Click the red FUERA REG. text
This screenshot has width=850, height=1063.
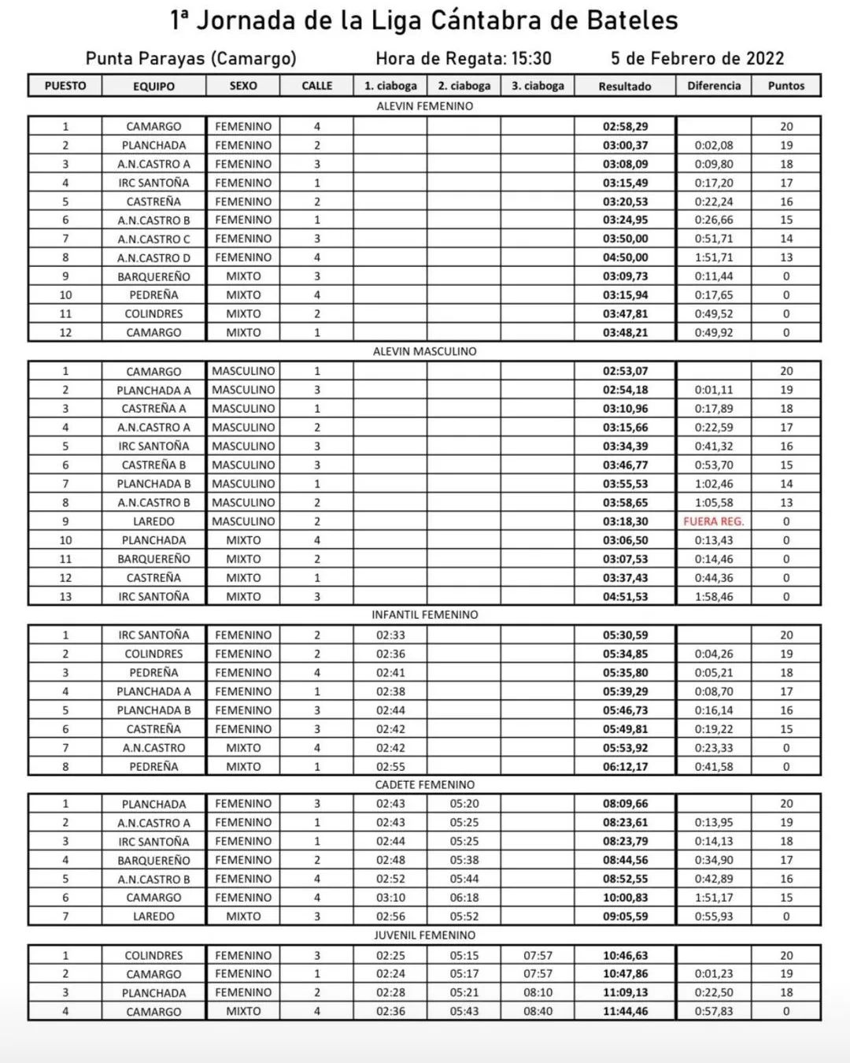pyautogui.click(x=713, y=521)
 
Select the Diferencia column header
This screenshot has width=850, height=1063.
pyautogui.click(x=714, y=86)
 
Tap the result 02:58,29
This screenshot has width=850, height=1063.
pyautogui.click(x=626, y=126)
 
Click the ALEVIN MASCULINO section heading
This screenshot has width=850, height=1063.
pyautogui.click(x=424, y=351)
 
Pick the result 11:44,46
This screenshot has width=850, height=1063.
pyautogui.click(x=626, y=1012)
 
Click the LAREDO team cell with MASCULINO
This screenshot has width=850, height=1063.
pyautogui.click(x=153, y=521)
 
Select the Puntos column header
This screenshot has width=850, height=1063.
pyautogui.click(x=786, y=86)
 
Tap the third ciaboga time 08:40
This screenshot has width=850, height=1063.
pyautogui.click(x=538, y=1012)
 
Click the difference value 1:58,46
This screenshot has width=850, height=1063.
pyautogui.click(x=713, y=597)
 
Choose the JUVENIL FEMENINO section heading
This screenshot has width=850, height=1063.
pyautogui.click(x=424, y=935)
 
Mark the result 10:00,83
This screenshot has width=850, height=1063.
pyautogui.click(x=626, y=898)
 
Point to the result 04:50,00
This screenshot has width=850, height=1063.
pyautogui.click(x=626, y=257)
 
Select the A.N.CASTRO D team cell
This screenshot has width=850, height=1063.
pyautogui.click(x=153, y=257)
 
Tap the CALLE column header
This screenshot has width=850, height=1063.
pyautogui.click(x=317, y=86)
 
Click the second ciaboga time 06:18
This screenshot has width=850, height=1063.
pyautogui.click(x=464, y=898)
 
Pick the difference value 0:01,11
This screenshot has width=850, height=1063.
pyautogui.click(x=713, y=390)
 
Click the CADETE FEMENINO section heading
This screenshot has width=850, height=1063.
pyautogui.click(x=424, y=784)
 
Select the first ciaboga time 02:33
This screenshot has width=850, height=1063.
pyautogui.click(x=390, y=635)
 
